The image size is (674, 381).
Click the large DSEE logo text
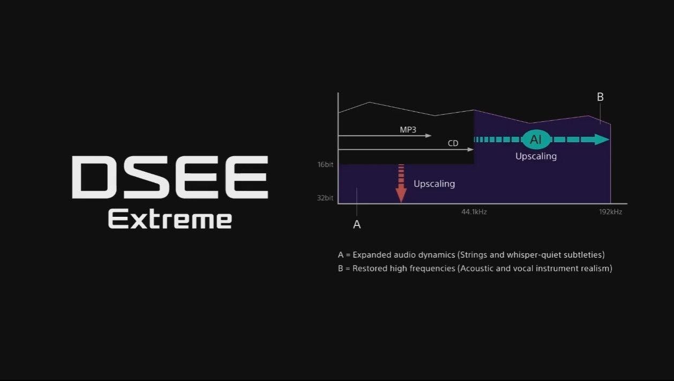tap(170, 177)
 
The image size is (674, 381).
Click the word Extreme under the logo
tap(170, 219)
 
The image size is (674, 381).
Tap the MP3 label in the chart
tap(408, 130)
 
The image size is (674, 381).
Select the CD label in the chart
tap(453, 143)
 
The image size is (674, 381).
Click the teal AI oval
tap(536, 140)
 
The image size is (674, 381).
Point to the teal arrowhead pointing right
tap(602, 140)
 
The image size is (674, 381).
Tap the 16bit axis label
tap(325, 165)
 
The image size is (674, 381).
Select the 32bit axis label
tap(325, 198)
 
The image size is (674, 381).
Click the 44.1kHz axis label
tap(474, 212)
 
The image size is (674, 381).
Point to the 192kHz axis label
tap(611, 212)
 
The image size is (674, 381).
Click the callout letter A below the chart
tap(357, 224)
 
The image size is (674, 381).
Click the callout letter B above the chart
tap(600, 97)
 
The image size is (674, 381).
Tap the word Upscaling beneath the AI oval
tap(536, 156)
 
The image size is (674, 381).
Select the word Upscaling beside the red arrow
tap(434, 184)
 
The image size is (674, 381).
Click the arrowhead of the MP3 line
tap(428, 136)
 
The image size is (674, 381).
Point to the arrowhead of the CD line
tap(470, 149)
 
